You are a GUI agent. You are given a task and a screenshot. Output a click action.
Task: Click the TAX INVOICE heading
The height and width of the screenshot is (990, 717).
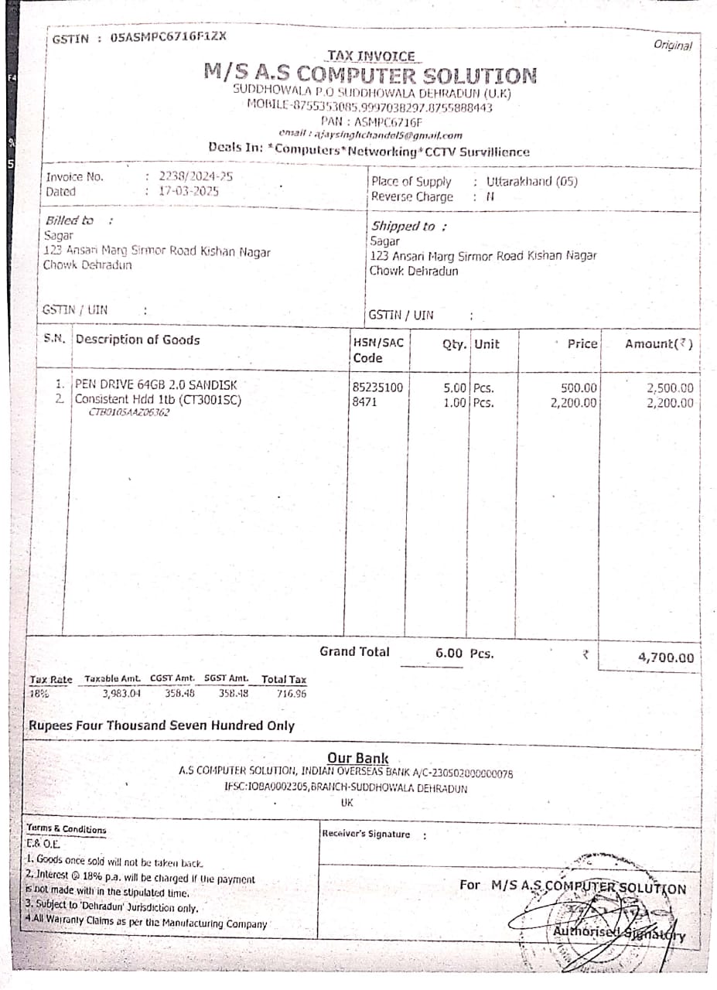point(371,56)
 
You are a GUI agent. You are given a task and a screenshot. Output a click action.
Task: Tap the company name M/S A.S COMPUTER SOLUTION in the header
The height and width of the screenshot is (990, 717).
point(370,75)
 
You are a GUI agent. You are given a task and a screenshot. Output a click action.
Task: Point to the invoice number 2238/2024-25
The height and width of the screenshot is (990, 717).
point(196,176)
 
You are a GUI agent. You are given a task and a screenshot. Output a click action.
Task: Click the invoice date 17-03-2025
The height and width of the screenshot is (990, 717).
point(189,191)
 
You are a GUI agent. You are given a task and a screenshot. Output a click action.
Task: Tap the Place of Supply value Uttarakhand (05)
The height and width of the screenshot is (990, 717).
point(532,182)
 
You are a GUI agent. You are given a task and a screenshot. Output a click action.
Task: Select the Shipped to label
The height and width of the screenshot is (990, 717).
point(404,227)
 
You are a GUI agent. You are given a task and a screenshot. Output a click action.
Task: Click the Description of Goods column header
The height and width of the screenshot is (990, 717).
point(138,340)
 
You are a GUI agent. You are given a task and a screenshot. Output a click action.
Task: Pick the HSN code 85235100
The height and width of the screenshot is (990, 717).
point(377,388)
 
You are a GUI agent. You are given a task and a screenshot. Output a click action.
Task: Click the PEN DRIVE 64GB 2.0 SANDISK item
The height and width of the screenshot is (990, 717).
point(155,384)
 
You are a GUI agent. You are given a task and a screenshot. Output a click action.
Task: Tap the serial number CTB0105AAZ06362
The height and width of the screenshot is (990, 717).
point(129,412)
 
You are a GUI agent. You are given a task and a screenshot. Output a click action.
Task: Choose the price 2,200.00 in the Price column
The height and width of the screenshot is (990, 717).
point(574,403)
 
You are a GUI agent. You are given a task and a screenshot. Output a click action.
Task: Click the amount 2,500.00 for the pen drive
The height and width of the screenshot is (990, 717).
point(670,388)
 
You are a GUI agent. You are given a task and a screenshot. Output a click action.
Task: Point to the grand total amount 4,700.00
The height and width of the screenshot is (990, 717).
point(666,658)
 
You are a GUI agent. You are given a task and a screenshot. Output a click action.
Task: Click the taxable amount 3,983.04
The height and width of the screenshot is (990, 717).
point(121,694)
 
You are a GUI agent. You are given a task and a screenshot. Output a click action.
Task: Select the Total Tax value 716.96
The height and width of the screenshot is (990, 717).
point(291,694)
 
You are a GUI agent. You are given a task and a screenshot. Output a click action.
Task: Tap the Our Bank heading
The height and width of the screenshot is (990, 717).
point(358,758)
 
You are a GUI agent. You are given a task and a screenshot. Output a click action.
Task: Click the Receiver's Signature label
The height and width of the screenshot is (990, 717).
point(366,834)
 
